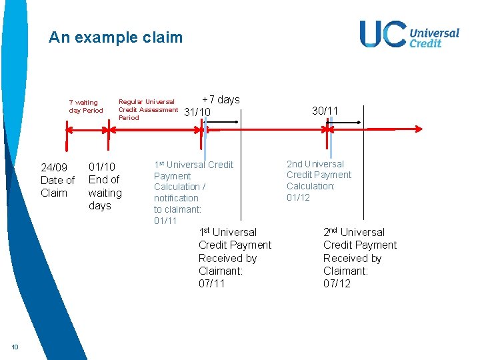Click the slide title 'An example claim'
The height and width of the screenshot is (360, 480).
(x=115, y=37)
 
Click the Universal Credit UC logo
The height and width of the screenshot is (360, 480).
(x=409, y=34)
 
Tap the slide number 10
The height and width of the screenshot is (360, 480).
(x=15, y=345)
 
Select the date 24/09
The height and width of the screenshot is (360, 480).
(x=53, y=167)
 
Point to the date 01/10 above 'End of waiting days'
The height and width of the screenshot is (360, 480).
(x=102, y=167)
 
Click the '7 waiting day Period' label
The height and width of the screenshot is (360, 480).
(x=86, y=107)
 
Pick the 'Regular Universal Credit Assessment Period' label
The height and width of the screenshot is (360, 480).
(x=148, y=109)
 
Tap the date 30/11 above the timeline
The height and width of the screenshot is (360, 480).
(x=325, y=111)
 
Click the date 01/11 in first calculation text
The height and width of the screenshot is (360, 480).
(x=165, y=221)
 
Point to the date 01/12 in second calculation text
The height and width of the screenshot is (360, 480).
(x=298, y=197)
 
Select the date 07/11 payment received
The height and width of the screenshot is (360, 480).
(x=212, y=284)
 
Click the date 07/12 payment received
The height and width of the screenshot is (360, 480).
(x=337, y=284)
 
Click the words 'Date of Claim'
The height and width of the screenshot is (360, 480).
(x=57, y=187)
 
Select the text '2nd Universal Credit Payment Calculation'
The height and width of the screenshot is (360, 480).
(x=319, y=175)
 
